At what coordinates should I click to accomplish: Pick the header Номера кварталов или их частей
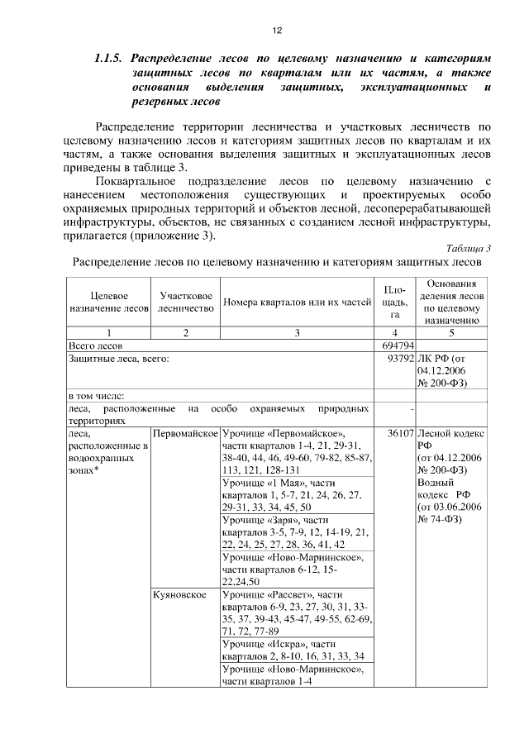click(298, 302)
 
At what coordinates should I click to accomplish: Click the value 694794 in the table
click(398, 344)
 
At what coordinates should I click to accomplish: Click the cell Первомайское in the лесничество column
click(185, 432)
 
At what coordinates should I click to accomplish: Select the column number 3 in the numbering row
click(297, 332)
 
